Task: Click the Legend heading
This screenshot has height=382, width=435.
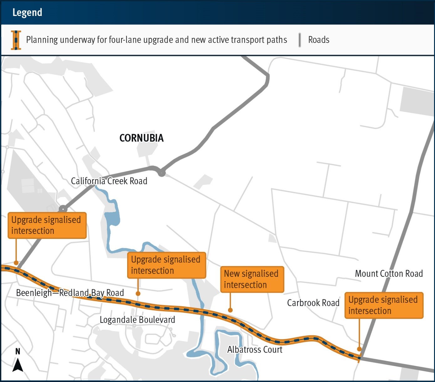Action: (27, 13)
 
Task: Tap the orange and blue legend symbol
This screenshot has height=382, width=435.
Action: (16, 40)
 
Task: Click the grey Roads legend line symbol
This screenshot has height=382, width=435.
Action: (300, 40)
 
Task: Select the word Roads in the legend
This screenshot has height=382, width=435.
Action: (318, 40)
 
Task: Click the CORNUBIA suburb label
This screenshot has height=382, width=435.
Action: (142, 138)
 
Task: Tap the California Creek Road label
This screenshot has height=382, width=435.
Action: (109, 181)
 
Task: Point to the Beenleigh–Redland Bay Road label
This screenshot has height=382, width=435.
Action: (70, 293)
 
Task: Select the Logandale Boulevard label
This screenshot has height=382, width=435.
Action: (137, 320)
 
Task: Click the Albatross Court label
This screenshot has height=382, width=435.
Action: (255, 349)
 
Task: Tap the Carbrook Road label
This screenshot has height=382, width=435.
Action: (313, 303)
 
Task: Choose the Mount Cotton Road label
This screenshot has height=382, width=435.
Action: (389, 274)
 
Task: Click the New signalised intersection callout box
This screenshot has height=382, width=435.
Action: (252, 279)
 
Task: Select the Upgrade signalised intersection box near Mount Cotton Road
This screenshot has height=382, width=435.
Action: (384, 305)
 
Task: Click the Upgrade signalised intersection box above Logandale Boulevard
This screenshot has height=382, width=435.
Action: (166, 265)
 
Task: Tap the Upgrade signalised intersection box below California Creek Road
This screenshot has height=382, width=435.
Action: (47, 225)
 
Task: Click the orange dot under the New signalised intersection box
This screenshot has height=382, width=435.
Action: (230, 310)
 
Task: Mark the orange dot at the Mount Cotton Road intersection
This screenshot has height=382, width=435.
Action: (359, 349)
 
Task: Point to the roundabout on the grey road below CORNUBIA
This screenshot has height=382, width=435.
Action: (162, 173)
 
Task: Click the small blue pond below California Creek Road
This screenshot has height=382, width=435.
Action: (112, 218)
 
